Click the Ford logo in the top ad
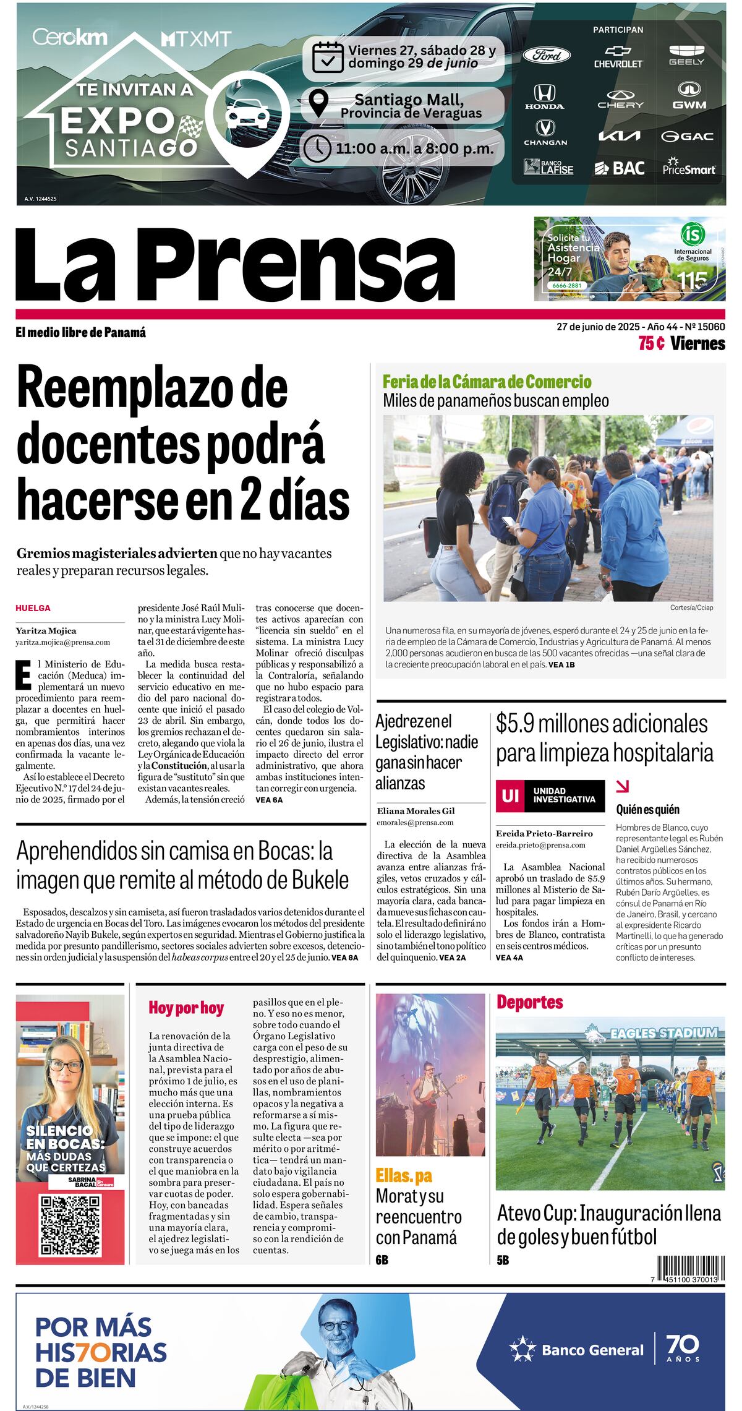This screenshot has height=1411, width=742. pyautogui.click(x=547, y=55)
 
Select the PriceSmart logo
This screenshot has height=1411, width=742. pyautogui.click(x=689, y=166)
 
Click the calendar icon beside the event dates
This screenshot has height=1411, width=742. pyautogui.click(x=328, y=57)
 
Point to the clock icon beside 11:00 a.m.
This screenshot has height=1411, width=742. pyautogui.click(x=318, y=148)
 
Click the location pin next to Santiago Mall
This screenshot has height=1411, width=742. pyautogui.click(x=318, y=103)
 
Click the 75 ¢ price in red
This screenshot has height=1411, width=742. pyautogui.click(x=651, y=344)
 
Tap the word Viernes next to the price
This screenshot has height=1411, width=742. pyautogui.click(x=697, y=344)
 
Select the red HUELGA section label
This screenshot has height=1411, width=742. pyautogui.click(x=33, y=608)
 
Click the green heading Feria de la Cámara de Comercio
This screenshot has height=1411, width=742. pyautogui.click(x=487, y=382)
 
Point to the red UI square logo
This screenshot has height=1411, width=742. pyautogui.click(x=510, y=796)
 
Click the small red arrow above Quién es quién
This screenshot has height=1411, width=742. pyautogui.click(x=623, y=786)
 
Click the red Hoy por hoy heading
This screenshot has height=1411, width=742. pyautogui.click(x=185, y=1008)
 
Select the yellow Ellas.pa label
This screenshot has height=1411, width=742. pyautogui.click(x=404, y=1175)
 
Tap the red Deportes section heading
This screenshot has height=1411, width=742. pyautogui.click(x=529, y=1002)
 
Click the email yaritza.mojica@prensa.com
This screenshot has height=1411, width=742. pyautogui.click(x=62, y=643)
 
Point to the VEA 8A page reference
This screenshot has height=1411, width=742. pyautogui.click(x=344, y=958)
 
